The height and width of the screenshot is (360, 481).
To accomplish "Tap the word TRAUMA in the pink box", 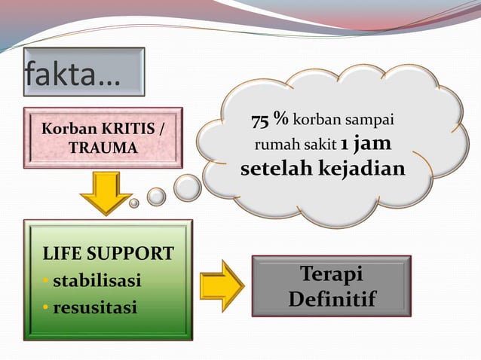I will click(103, 148).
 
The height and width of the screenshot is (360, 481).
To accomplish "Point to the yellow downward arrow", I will click(106, 193).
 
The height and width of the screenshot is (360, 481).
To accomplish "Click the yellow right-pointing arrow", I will click(222, 286).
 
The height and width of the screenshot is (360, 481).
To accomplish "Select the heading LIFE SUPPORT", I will click(108, 254).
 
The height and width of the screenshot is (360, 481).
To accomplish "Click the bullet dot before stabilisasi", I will click(46, 282).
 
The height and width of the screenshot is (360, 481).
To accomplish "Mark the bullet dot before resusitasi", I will click(46, 309).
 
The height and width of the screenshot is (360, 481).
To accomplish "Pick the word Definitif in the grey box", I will click(331, 299).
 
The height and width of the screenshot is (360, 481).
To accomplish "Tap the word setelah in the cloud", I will click(274, 168).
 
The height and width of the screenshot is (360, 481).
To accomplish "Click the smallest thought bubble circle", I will click(134, 203).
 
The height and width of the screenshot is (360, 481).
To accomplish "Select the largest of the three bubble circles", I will click(187, 188).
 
